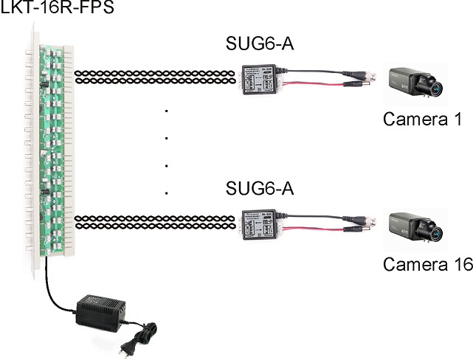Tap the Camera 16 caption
click(x=427, y=265)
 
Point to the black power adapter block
click(x=97, y=308)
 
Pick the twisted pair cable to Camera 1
click(x=156, y=76)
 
